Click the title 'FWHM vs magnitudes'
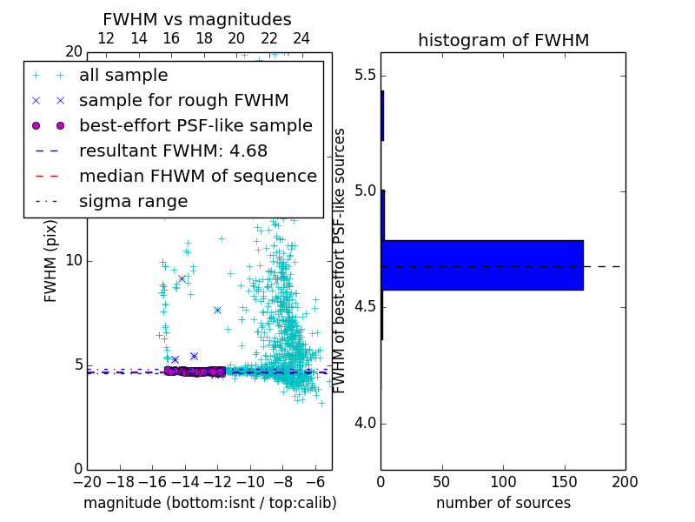click(x=197, y=20)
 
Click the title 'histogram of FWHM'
click(x=503, y=40)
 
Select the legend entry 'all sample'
click(x=123, y=76)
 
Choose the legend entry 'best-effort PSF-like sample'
click(x=195, y=126)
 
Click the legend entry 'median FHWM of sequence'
click(x=197, y=177)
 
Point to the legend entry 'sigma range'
click(x=133, y=202)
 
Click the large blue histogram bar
click(x=482, y=264)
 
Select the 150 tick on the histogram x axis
click(x=564, y=481)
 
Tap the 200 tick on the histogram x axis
click(x=625, y=481)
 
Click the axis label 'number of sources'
click(x=503, y=503)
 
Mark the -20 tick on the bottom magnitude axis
click(x=87, y=481)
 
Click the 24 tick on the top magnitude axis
click(x=301, y=39)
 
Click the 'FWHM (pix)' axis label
click(x=51, y=260)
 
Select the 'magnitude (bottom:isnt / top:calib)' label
click(x=209, y=503)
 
